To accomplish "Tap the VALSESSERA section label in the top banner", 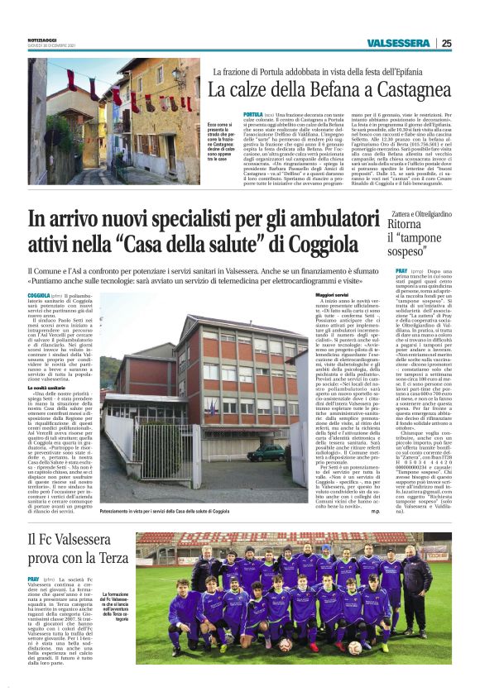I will [x=400, y=43].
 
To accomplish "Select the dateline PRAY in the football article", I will [x=33, y=579].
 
